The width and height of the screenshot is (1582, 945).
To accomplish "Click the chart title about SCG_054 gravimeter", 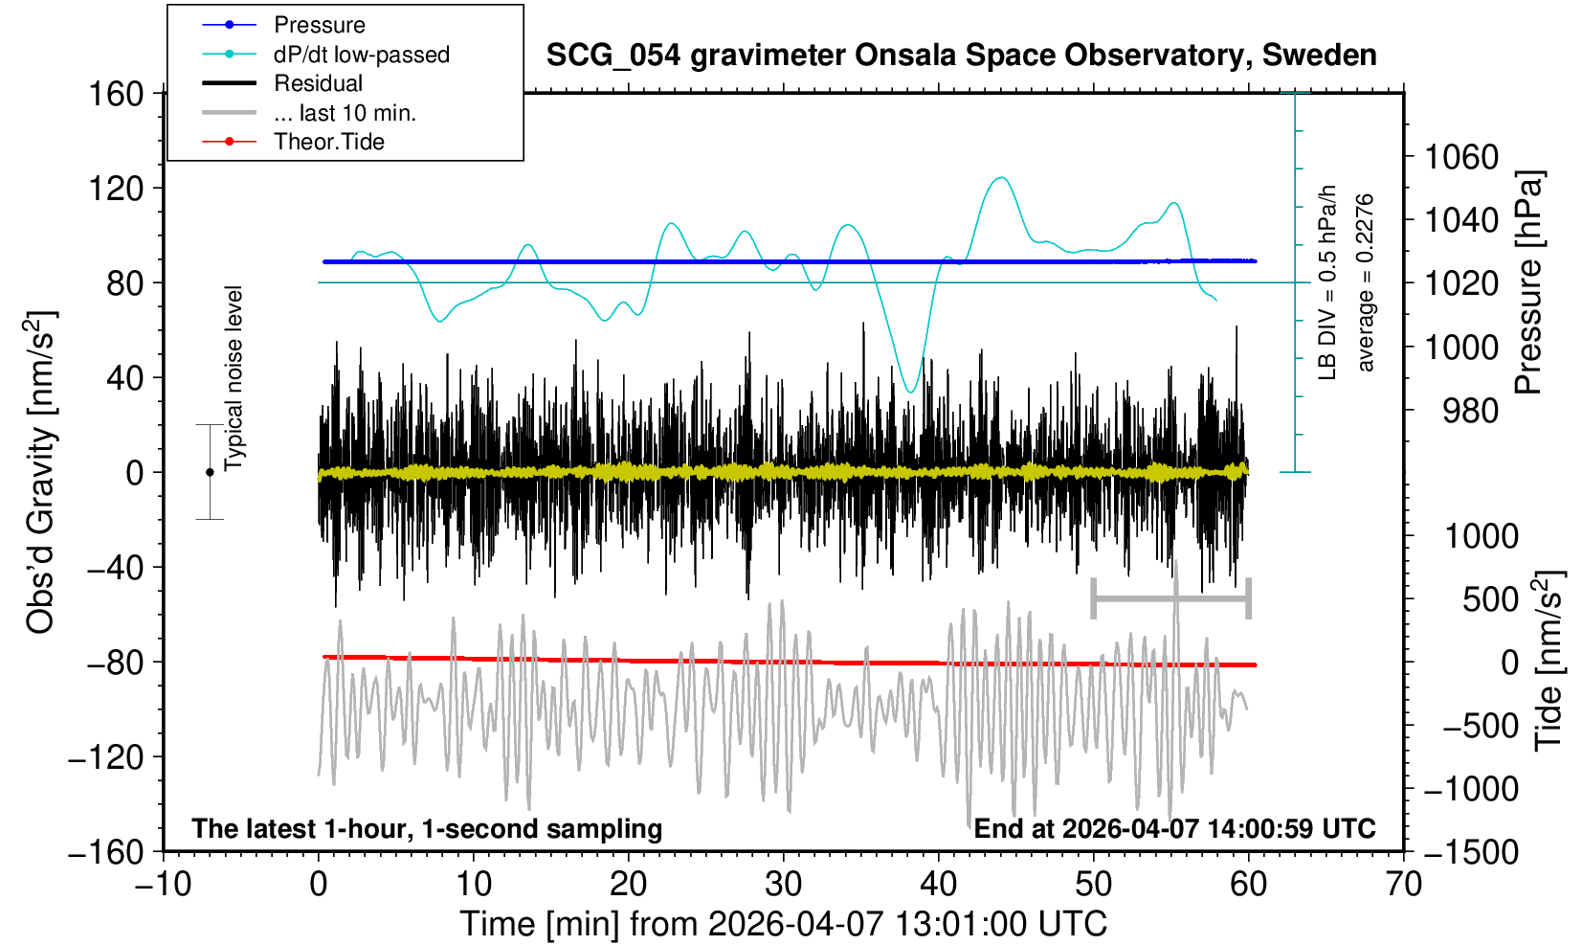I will click(961, 56).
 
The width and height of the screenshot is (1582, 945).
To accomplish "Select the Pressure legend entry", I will click(319, 25).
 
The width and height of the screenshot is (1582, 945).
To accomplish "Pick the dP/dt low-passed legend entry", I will click(361, 55).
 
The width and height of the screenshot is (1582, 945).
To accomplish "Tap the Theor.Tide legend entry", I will click(328, 142).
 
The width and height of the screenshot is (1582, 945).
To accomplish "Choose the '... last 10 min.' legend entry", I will click(345, 113).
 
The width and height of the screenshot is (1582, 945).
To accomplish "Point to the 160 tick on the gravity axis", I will click(115, 94).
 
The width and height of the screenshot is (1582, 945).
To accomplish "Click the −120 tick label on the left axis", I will click(105, 756).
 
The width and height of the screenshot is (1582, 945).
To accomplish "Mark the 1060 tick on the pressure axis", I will click(1461, 156).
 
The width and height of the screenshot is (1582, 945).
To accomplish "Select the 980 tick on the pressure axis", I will click(1471, 411).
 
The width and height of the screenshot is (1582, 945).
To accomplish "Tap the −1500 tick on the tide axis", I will click(1471, 851).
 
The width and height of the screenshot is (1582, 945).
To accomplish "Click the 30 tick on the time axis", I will click(784, 883).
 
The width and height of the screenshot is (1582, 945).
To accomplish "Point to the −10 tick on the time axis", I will click(162, 883).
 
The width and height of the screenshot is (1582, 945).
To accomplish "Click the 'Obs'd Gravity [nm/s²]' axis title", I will click(41, 472).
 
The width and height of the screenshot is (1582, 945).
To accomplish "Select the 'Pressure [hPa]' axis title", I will click(1529, 282).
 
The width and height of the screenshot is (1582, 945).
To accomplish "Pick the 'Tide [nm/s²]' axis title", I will click(1549, 661).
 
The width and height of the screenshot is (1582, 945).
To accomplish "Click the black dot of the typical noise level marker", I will click(210, 472).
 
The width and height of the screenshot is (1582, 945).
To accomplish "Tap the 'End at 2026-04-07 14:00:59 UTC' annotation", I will click(1174, 828).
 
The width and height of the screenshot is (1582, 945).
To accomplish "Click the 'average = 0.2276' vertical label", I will click(1365, 282).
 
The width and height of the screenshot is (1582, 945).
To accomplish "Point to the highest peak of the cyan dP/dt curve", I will click(1001, 177).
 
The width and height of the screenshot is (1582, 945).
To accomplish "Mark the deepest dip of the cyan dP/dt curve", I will click(911, 392).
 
